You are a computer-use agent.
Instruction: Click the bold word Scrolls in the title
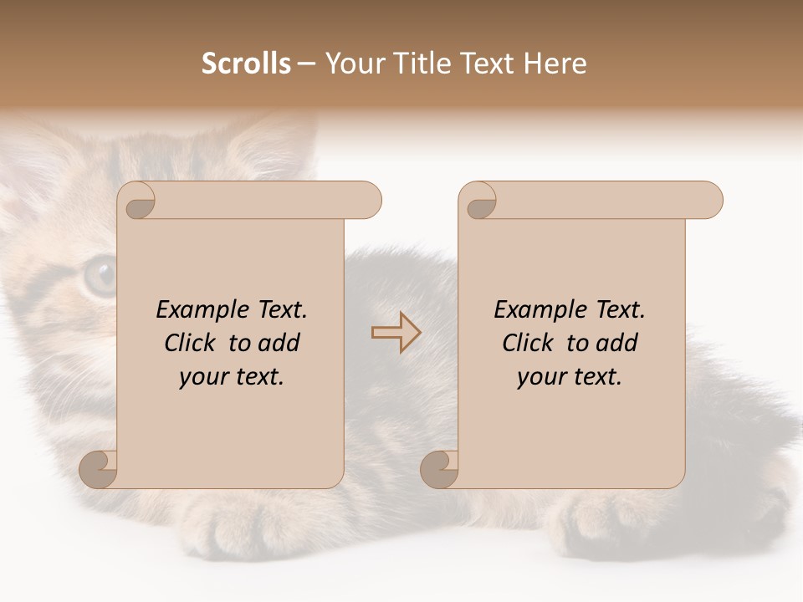[246, 64]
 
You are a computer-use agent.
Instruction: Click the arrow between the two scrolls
[396, 332]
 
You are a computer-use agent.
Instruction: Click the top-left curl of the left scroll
[139, 201]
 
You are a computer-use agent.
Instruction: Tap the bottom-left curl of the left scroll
[99, 469]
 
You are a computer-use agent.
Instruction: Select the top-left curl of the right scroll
[480, 201]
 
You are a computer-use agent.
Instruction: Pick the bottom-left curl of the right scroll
[440, 469]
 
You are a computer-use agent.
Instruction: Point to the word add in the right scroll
[618, 343]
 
